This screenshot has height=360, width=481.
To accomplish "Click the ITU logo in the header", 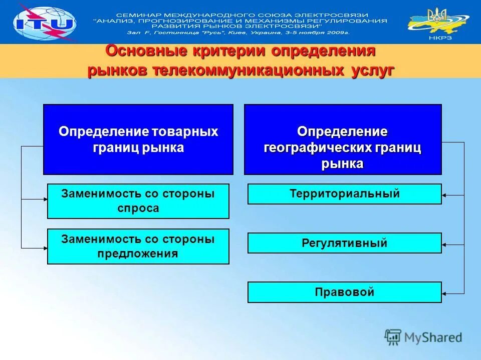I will coord(44,22).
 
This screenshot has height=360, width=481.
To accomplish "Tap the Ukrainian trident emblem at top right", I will coord(439,15).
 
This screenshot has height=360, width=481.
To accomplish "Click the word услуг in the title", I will coord(369,70).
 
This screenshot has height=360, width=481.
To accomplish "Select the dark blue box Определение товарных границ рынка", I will coord(138,139).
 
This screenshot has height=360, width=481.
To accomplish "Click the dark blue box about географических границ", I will coord(343,139).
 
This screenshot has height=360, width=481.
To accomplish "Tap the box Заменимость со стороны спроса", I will coord(138,201).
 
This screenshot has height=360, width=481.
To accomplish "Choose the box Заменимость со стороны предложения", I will coord(138,246).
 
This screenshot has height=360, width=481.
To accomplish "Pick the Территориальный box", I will coord(345,194).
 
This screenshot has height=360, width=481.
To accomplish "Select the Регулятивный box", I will coord(345,243).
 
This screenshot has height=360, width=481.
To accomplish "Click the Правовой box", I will coord(345,292).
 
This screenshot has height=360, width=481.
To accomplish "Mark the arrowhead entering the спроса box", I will coord(44,200).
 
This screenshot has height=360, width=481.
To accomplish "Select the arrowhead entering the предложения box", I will coord(44,247).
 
